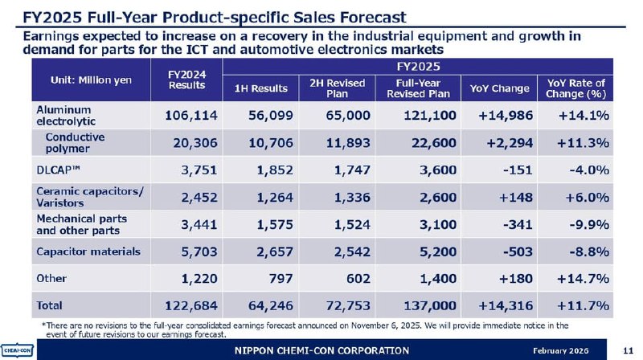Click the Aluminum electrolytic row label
point(64,115)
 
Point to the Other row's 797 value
point(279,278)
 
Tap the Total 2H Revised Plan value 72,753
point(343,305)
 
